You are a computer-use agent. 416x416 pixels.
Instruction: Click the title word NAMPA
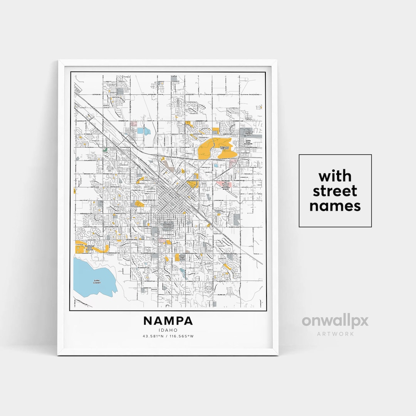(x=168, y=320)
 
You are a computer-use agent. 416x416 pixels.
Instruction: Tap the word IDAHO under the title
(x=168, y=330)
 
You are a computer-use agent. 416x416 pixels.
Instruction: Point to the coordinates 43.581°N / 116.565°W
(x=168, y=336)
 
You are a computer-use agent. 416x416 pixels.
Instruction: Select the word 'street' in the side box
(x=335, y=191)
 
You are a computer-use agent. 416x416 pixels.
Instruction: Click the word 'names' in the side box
(x=335, y=206)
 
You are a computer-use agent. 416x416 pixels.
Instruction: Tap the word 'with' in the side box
(x=335, y=176)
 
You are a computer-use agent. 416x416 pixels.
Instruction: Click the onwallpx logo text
(x=335, y=321)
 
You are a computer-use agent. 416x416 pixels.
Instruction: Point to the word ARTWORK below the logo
(x=335, y=334)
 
